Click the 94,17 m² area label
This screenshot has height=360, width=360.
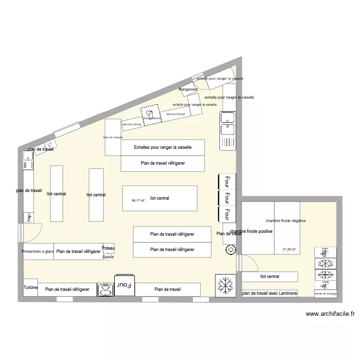[x=138, y=201]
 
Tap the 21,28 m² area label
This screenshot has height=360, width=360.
[x=289, y=249]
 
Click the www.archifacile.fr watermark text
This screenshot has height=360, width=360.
[x=330, y=314]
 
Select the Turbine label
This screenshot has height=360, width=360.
[x=30, y=288]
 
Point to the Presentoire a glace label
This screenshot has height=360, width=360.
[x=38, y=252]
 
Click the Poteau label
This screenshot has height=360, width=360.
[x=108, y=248]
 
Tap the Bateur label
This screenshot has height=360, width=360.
[x=108, y=257]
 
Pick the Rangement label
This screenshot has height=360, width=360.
[x=188, y=90]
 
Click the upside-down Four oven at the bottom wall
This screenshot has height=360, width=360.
[x=125, y=285]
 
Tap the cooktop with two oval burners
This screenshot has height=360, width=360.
[x=106, y=289]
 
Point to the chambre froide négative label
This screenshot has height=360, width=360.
[x=286, y=221]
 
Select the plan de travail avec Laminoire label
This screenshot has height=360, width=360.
[x=270, y=293]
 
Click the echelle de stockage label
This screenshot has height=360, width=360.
[x=326, y=294]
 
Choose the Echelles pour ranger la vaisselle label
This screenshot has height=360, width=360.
[x=163, y=147]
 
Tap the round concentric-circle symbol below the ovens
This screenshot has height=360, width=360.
[x=231, y=250]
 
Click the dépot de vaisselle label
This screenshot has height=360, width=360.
[x=113, y=137]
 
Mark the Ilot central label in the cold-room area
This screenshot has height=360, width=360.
[x=269, y=276]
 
